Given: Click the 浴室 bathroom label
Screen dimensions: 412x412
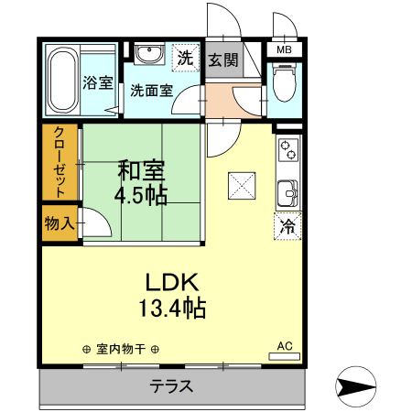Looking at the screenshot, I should point(98,82).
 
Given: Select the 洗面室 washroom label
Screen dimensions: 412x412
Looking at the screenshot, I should point(151,90).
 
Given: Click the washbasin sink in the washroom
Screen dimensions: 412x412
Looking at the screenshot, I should point(146,56).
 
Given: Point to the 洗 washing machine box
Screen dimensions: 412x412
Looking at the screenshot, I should point(186,57).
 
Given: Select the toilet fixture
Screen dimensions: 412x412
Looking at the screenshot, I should point(282,83).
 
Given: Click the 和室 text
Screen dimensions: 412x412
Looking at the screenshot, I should point(140,170).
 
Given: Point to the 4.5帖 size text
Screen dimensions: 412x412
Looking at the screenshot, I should point(140,194).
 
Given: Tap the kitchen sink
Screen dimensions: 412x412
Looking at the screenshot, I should point(287,193).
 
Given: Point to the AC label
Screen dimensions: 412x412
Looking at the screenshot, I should point(284,346).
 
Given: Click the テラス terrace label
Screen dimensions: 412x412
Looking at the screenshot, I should point(171,386).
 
